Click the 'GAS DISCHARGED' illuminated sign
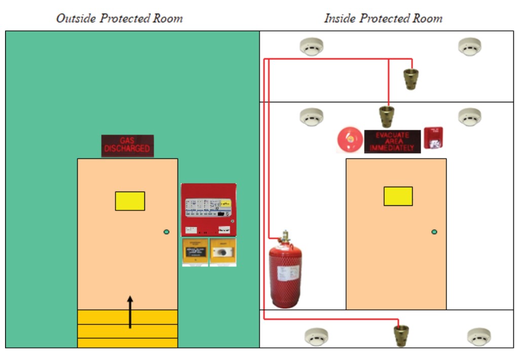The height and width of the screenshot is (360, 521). point(127,146)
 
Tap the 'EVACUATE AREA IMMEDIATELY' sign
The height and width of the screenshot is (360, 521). point(392,141)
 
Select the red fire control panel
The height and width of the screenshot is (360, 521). point(208,209)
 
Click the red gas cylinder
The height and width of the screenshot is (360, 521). point(285,275)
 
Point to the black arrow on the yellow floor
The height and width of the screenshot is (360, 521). point(130,311)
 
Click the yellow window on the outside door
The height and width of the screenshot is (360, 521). point(130,201)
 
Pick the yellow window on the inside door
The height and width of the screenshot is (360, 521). point(398,196)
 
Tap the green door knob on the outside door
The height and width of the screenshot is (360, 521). point(166,232)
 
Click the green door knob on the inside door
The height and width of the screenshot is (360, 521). point(434,232)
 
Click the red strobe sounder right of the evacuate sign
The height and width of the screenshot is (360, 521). point(433,137)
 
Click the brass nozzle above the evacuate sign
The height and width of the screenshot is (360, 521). point(388,116)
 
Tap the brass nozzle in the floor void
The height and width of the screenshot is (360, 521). point(401,335)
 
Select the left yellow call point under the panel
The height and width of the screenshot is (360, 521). point(195,252)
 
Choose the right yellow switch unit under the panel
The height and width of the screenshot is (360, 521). point(223,252)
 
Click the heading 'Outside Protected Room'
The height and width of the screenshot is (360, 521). point(119,19)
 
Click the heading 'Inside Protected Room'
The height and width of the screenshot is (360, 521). point(383,19)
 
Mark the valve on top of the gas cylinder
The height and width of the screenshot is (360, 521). point(285,237)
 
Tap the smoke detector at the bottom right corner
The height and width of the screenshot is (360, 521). point(478,336)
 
